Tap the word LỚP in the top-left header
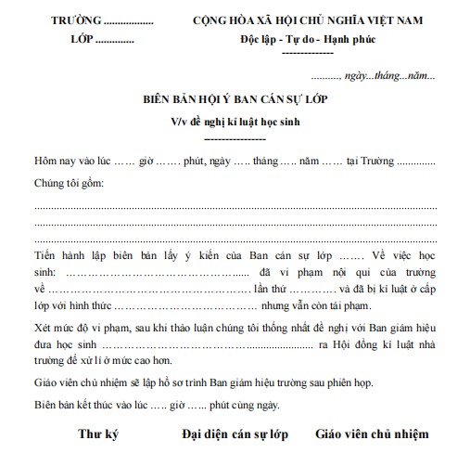pos(83,41)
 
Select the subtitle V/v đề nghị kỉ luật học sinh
pos(234,121)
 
